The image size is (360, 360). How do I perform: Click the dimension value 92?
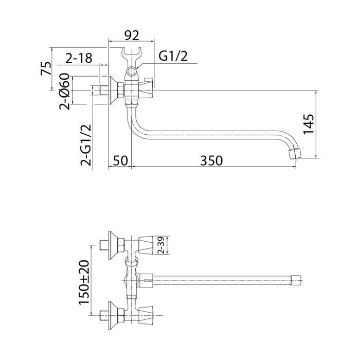(132, 35)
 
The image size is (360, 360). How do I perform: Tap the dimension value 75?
(46, 68)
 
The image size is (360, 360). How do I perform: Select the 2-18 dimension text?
(79, 58)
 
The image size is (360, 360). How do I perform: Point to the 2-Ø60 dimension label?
(64, 91)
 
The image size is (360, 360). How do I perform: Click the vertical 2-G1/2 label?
(86, 145)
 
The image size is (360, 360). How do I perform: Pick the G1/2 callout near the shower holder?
(173, 56)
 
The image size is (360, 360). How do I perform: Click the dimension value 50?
(120, 160)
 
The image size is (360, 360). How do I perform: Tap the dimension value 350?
(211, 160)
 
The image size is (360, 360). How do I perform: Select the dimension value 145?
(309, 124)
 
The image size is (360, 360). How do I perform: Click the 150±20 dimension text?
(84, 282)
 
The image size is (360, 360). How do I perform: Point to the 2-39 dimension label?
(161, 245)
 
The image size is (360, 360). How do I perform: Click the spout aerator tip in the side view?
(295, 154)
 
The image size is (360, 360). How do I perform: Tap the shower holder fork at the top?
(131, 56)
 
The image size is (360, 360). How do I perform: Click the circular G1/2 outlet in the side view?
(132, 71)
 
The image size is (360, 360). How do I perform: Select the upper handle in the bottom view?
(146, 245)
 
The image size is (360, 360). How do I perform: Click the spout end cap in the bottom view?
(296, 280)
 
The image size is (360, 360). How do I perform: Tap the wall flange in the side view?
(113, 91)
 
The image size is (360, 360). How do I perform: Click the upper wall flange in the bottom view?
(113, 245)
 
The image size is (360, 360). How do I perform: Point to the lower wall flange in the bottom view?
(113, 315)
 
